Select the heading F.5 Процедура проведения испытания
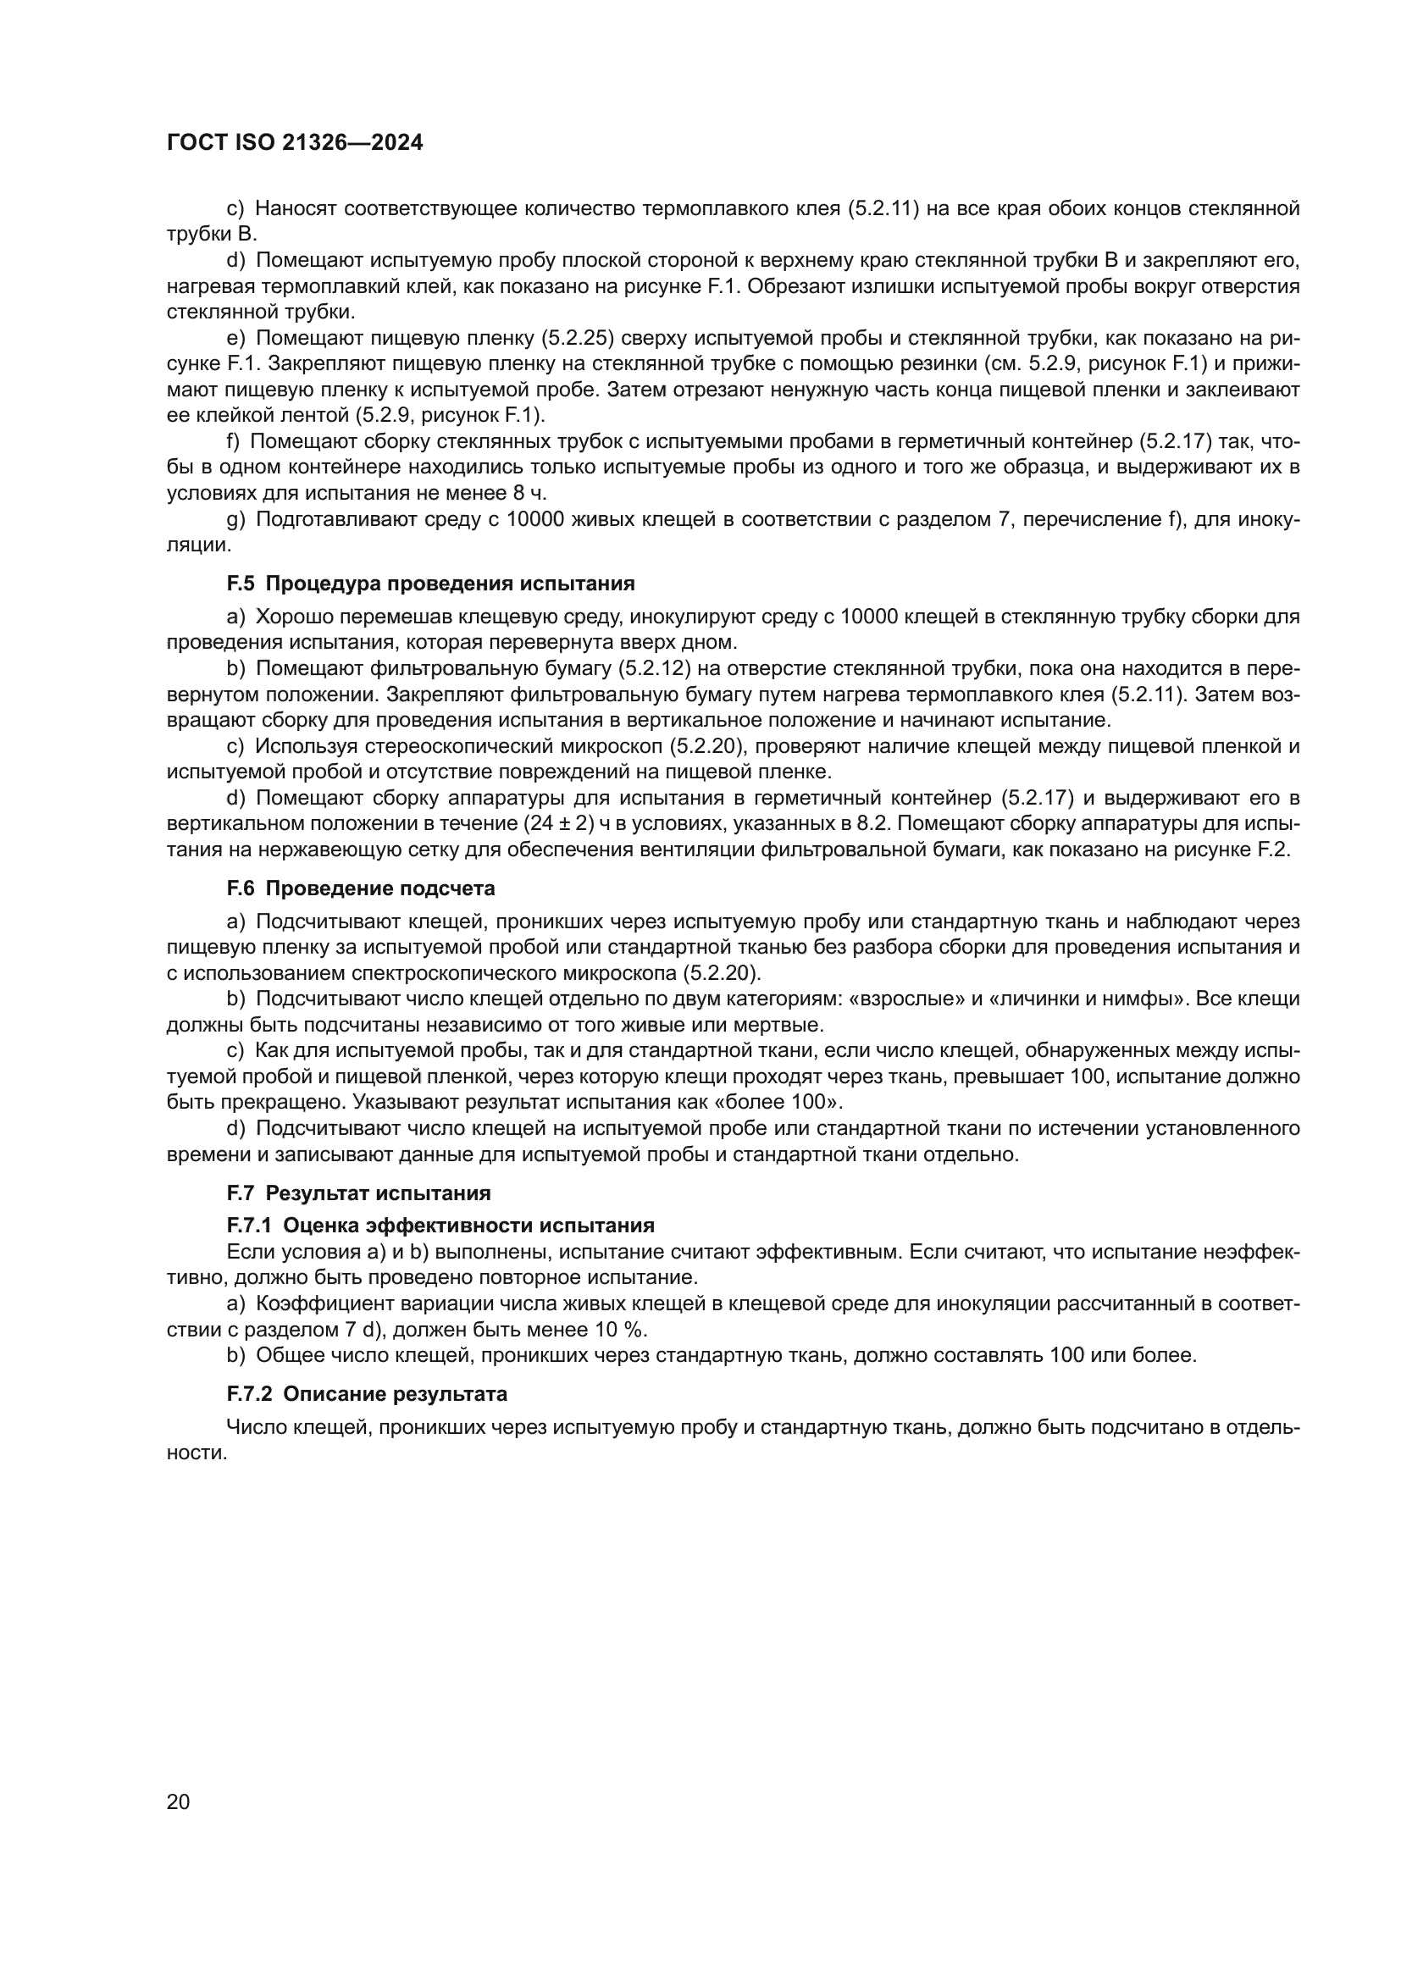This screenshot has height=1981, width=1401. pos(430,584)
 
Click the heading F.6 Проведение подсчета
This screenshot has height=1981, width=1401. pos(361,888)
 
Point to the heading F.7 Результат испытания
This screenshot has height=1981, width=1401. pos(358,1194)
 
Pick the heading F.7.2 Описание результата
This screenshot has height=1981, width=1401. pos(367,1394)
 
